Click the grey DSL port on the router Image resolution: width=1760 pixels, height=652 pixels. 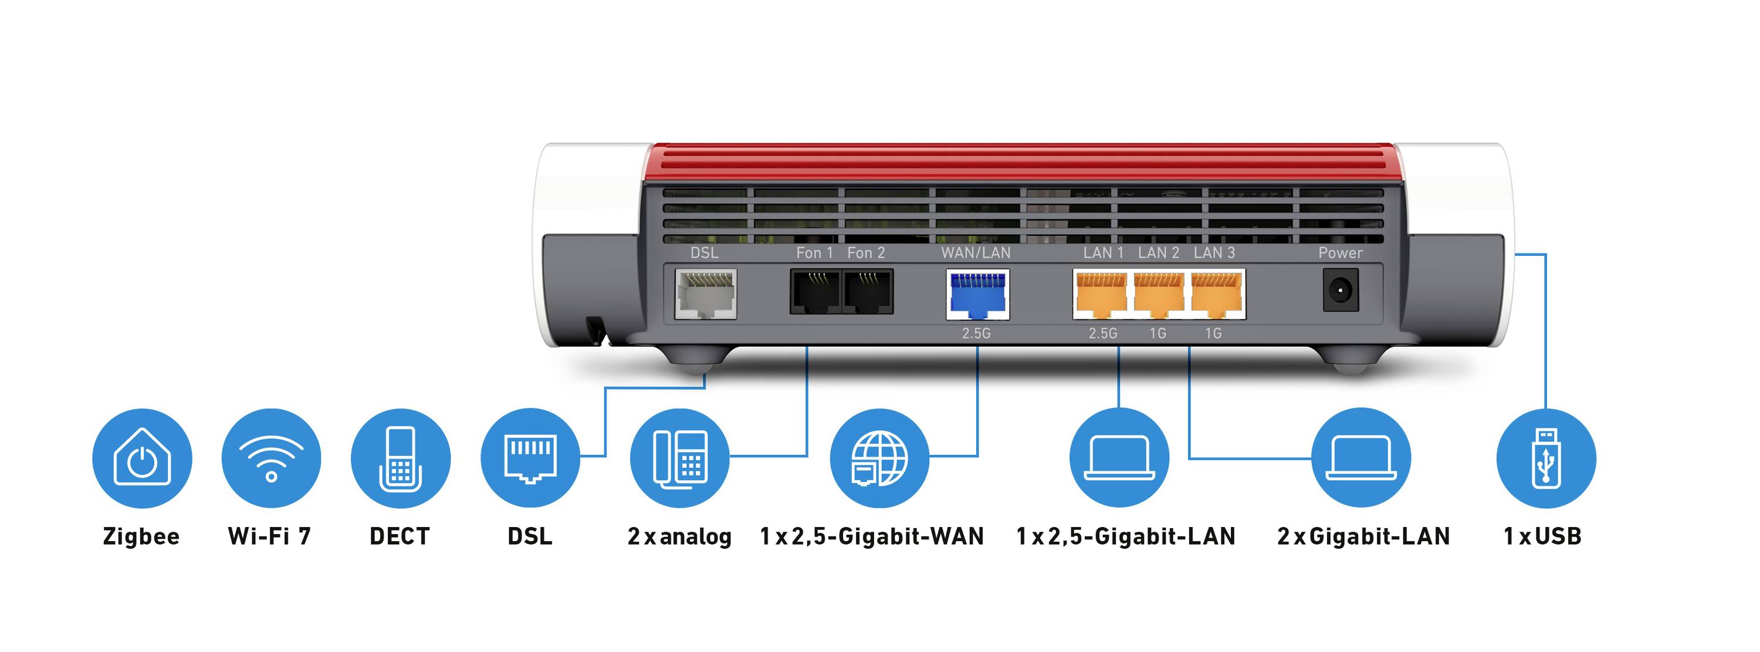coord(705,294)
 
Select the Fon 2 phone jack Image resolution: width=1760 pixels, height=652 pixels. coord(868,292)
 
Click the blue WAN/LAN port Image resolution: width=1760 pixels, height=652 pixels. coord(977,295)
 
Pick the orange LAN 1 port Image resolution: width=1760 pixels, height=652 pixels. coord(1101,295)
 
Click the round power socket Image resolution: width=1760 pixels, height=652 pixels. coord(1341,290)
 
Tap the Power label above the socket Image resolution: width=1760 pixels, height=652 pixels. coord(1340,253)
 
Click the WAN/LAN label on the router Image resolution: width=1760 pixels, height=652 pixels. coord(976,253)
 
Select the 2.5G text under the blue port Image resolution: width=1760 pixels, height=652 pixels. coord(976,333)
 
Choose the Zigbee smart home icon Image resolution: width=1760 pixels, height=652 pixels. coord(142,458)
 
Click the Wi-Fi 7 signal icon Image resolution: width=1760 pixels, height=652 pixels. coord(271,458)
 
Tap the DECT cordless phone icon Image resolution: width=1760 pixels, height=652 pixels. coord(400,458)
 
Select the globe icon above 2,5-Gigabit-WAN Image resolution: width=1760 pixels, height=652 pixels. coord(879,458)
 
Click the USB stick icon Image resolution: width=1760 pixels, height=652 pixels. coord(1545,458)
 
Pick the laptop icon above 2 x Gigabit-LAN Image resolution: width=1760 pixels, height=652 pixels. coord(1361,458)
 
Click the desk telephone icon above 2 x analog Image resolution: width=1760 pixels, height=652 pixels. coord(680,458)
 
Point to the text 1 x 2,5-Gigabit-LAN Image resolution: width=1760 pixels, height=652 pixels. coord(1126,536)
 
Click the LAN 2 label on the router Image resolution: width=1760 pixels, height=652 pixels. coord(1158,253)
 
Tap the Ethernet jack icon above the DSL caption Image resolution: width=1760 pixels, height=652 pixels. coord(530,458)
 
